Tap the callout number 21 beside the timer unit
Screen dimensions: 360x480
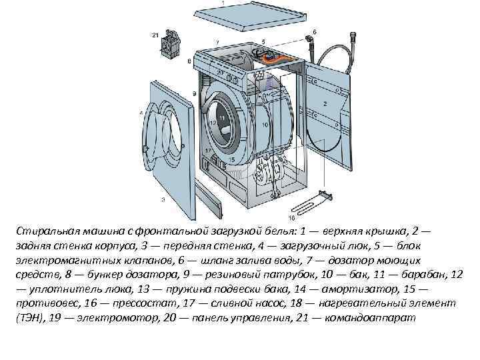coord(155,35)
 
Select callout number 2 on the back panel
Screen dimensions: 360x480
coord(324,104)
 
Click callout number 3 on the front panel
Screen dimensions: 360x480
coord(163,199)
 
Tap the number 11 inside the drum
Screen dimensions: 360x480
coord(222,118)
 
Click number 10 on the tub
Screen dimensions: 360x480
coord(265,125)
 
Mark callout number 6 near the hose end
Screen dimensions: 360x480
coord(314,31)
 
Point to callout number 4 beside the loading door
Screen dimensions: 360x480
coord(141,113)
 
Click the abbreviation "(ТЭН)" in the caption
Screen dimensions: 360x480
coord(31,319)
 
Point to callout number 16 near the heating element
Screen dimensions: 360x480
coord(291,217)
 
